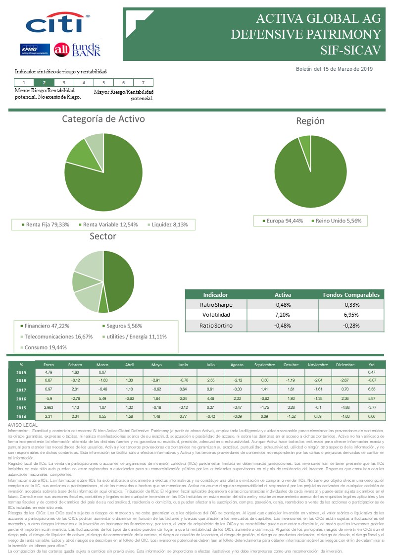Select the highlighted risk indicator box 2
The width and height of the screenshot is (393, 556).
click(x=44, y=83)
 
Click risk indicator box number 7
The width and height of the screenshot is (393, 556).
click(x=143, y=83)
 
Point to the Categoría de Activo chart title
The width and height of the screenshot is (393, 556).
click(x=103, y=119)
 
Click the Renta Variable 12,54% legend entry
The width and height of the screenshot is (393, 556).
click(x=110, y=224)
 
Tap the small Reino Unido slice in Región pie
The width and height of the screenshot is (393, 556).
click(x=304, y=140)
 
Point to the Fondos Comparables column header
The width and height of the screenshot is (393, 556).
click(x=351, y=294)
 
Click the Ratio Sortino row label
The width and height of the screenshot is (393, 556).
click(x=216, y=326)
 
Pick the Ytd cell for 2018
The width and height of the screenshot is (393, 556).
click(x=371, y=381)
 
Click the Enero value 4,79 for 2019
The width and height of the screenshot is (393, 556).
click(x=49, y=372)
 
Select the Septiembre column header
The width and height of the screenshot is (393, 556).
click(x=264, y=364)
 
